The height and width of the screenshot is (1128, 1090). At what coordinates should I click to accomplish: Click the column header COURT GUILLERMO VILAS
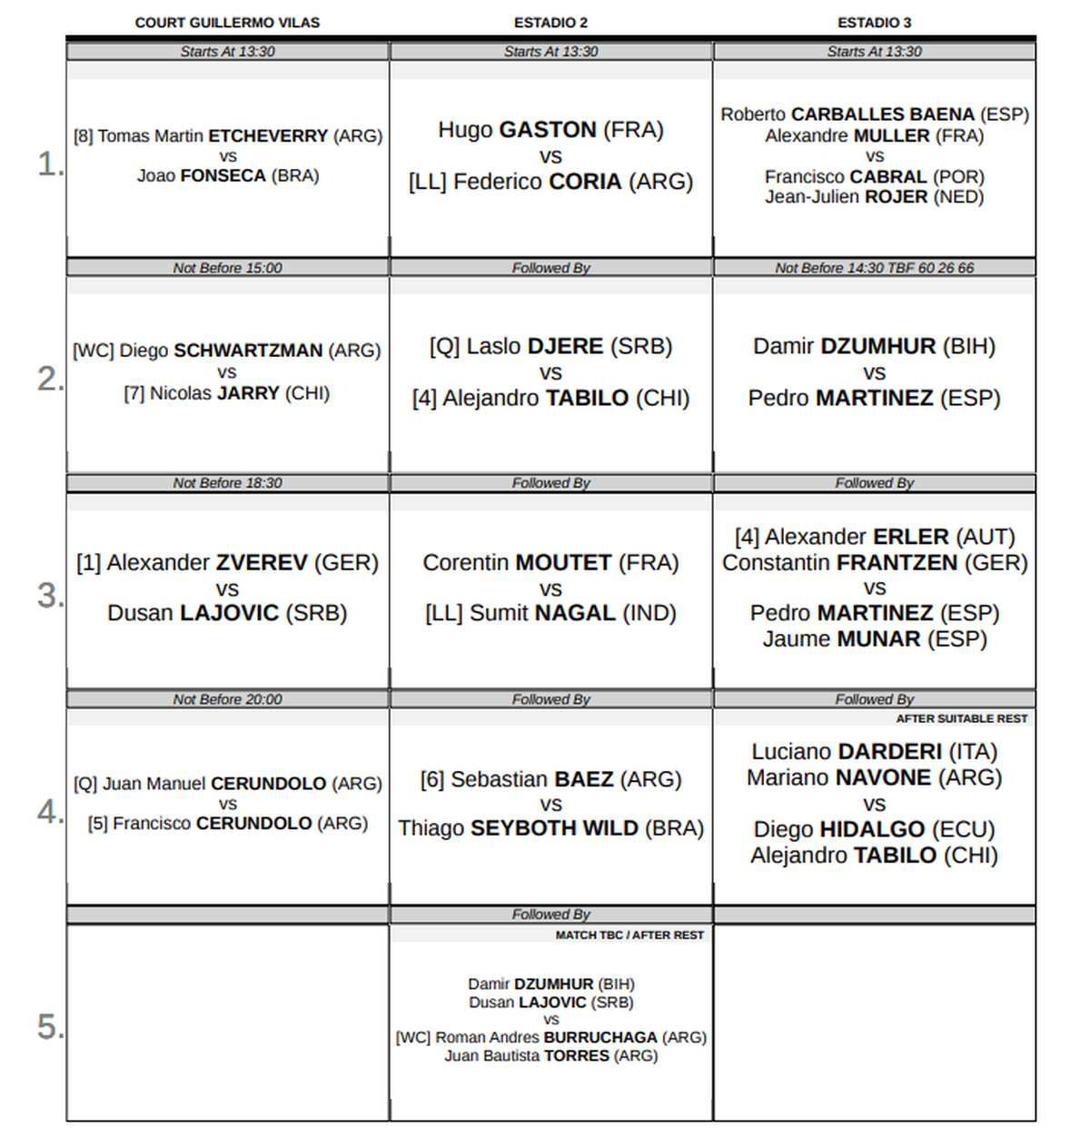227,23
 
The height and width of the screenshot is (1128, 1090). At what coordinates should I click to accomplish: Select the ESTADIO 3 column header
874,23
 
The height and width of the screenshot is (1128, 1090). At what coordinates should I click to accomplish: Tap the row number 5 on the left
49,1026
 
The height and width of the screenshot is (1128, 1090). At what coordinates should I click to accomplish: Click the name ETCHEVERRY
268,136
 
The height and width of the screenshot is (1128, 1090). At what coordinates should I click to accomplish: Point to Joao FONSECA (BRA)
228,176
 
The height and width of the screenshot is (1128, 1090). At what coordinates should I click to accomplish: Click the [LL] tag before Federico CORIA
427,183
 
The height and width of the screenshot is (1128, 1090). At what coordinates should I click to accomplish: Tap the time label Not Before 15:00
227,268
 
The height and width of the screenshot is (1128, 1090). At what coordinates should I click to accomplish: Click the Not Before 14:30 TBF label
874,268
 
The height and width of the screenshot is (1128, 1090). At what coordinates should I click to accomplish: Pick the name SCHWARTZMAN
248,351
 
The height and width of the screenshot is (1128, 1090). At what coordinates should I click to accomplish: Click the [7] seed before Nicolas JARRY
134,394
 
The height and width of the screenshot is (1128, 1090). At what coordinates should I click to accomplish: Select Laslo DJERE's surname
565,347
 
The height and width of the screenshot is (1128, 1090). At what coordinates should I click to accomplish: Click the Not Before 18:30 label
227,483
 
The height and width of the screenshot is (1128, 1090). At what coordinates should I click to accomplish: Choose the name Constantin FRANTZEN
875,563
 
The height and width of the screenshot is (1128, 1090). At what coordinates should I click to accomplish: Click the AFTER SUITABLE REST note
961,718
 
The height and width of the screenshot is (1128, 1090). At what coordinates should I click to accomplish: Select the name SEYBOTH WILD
554,829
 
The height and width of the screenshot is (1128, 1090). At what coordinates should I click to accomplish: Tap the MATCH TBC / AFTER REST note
629,935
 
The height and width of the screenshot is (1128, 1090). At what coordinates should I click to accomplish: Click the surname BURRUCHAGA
600,1037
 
